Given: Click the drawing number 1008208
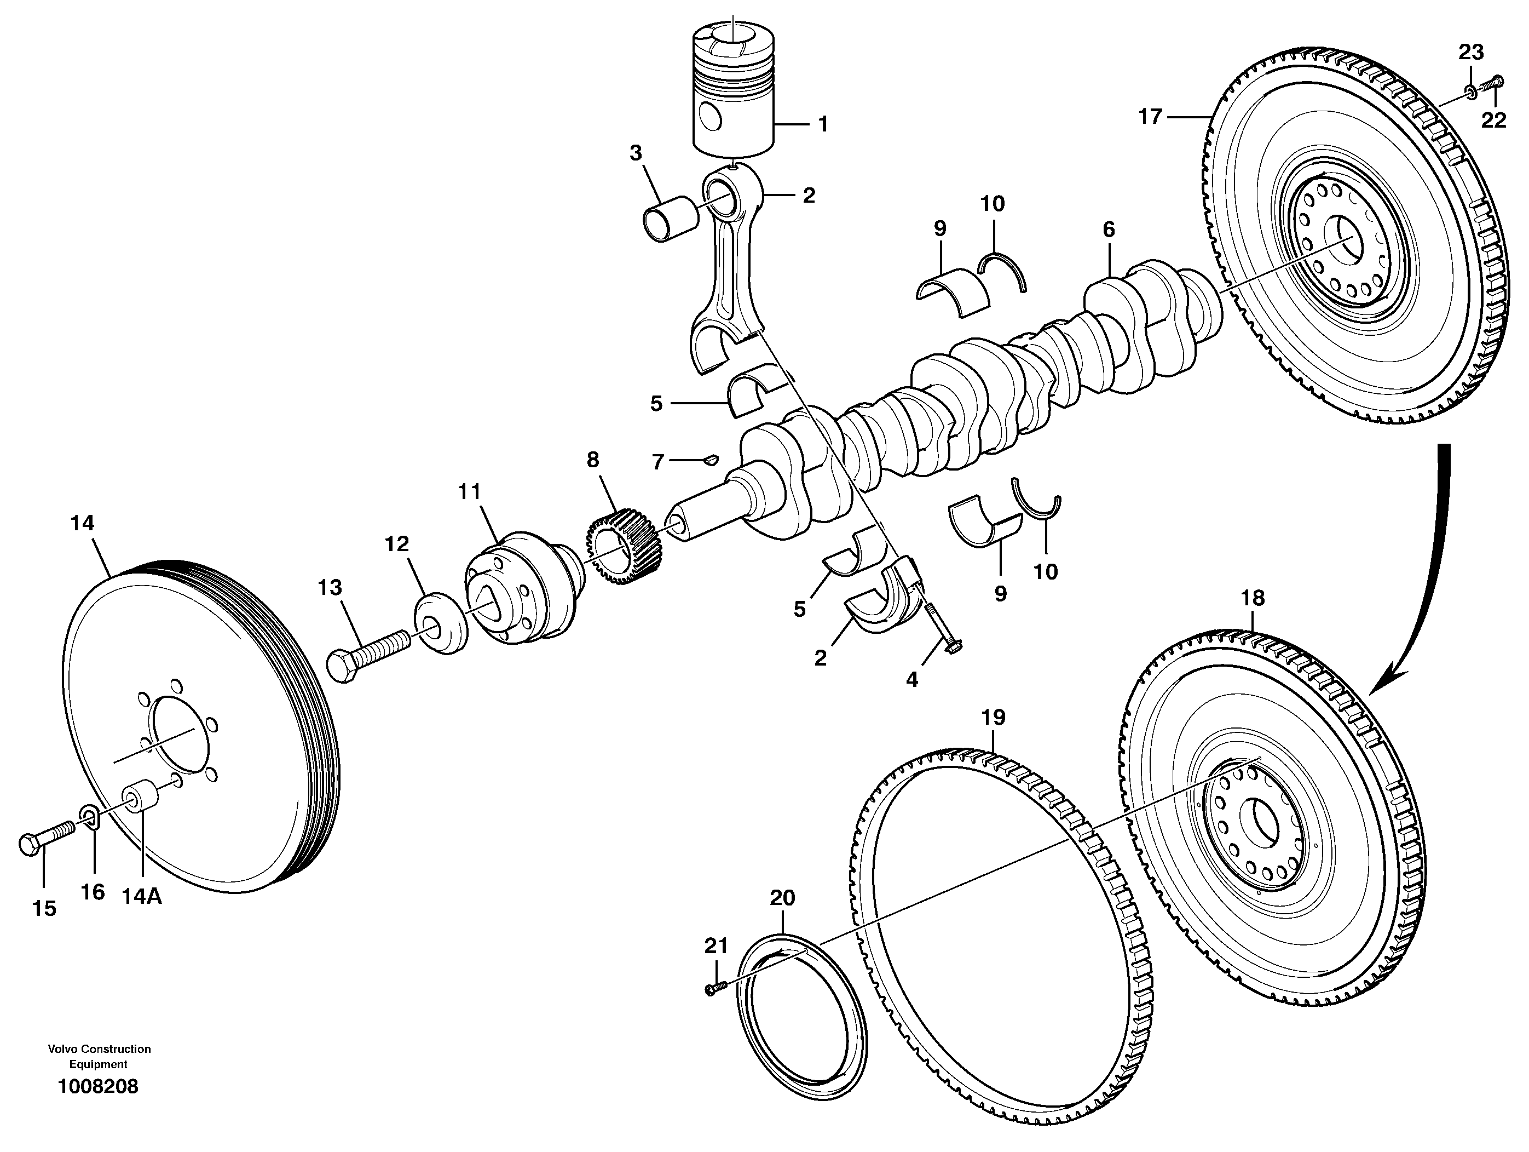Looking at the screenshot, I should (98, 1086).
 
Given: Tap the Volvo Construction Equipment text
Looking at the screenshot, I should (99, 1057).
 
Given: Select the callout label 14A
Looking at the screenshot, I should (142, 896).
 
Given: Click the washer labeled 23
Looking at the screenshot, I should (1469, 89).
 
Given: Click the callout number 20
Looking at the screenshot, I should (782, 898).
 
